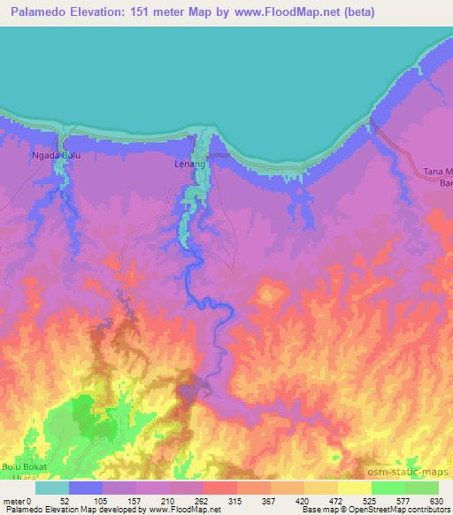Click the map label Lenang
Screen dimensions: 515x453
190,165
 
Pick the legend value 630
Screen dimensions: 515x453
438,501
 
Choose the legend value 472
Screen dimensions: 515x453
337,501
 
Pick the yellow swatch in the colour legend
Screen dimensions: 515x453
354,488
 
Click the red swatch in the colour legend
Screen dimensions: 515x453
219,488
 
